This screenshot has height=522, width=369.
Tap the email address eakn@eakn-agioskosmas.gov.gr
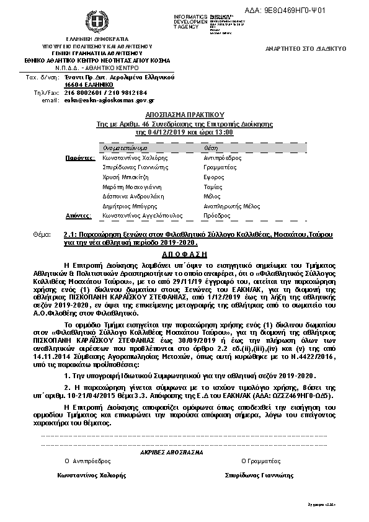pos(109,100)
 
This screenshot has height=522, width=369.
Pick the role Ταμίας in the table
pos(213,186)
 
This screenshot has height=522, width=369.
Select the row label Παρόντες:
pos(79,158)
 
